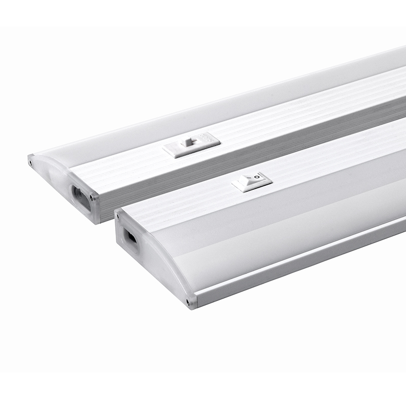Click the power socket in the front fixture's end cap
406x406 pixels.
pos(130,238)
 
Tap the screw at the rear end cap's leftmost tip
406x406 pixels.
pos(31,161)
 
